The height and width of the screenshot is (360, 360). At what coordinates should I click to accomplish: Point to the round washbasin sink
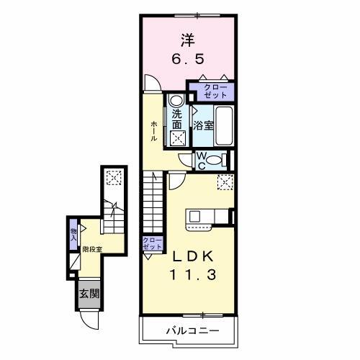pyautogui.click(x=176, y=102)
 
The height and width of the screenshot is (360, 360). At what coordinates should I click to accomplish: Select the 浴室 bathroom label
pyautogui.click(x=203, y=125)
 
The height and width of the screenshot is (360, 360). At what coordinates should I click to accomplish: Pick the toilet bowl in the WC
pyautogui.click(x=220, y=160)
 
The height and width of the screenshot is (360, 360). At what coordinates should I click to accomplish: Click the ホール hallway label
pyautogui.click(x=154, y=130)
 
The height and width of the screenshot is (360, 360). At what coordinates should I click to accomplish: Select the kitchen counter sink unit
pyautogui.click(x=208, y=217)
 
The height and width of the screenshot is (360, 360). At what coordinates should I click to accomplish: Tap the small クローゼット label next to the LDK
pyautogui.click(x=150, y=243)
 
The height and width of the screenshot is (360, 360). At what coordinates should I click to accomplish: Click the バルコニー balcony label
pyautogui.click(x=189, y=330)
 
